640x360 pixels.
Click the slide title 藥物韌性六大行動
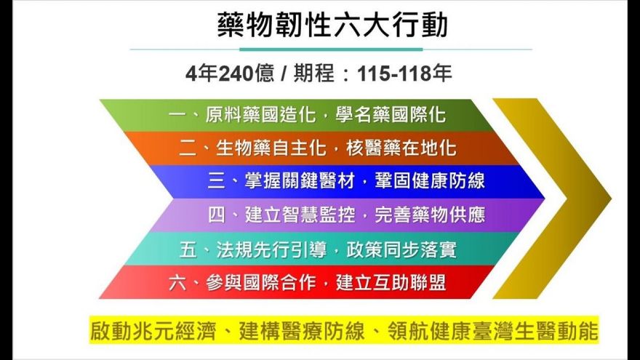point(332,25)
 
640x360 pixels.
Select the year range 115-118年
point(414,73)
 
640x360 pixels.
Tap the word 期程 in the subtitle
point(316,73)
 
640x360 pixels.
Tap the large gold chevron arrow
point(553,198)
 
